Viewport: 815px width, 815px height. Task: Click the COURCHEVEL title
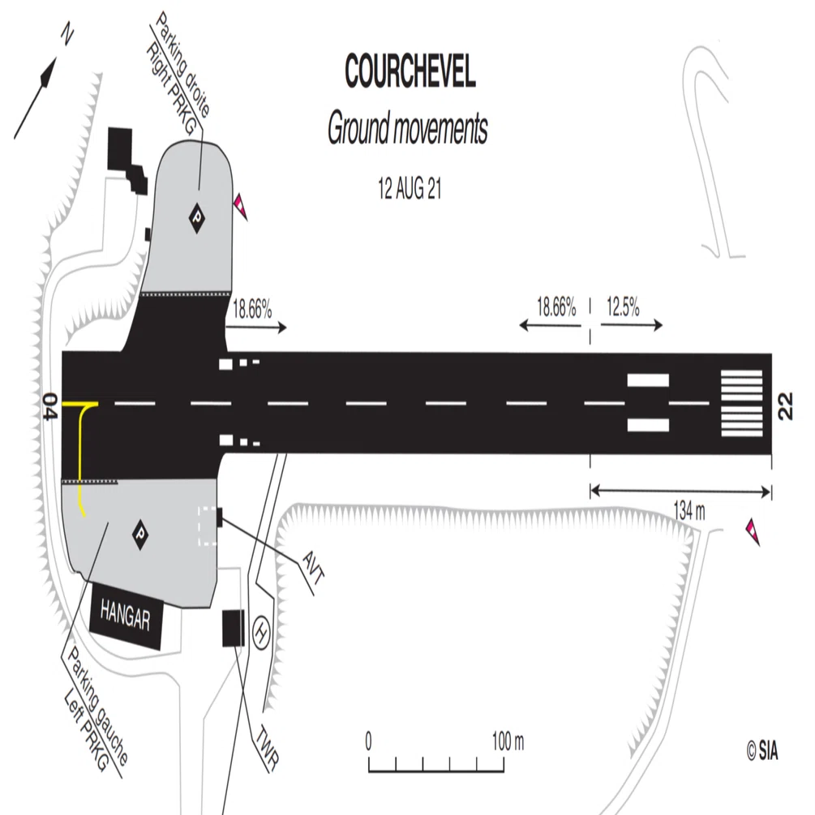point(410,71)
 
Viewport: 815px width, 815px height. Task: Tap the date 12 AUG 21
point(410,188)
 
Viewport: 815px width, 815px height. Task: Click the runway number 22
point(785,406)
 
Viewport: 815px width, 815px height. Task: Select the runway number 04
point(50,406)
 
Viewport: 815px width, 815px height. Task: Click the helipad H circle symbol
point(261,633)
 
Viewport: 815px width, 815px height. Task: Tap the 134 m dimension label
point(689,512)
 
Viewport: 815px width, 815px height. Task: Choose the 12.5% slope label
point(623,307)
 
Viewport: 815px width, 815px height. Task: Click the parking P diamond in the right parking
point(196,217)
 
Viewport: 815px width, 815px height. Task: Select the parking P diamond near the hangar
point(139,534)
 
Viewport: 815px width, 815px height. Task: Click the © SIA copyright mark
point(762,751)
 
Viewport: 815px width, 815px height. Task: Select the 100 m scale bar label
point(508,741)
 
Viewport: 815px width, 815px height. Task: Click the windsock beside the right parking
point(241,207)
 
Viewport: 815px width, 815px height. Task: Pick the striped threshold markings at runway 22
point(741,403)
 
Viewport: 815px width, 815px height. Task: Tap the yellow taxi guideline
point(79,447)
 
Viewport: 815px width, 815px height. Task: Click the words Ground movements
point(407,128)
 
